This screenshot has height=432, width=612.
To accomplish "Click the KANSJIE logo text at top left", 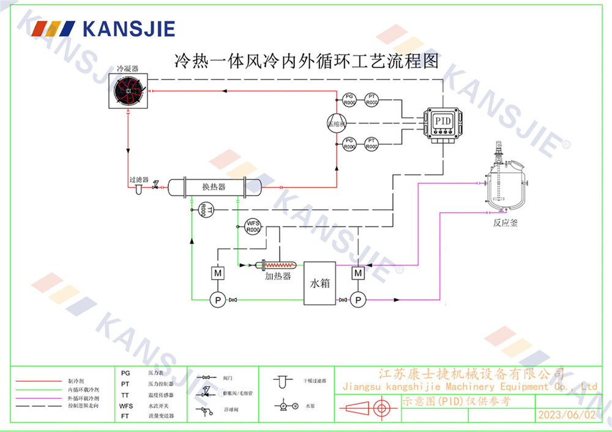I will pos(129,29).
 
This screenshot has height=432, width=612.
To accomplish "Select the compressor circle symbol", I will pos(336,122).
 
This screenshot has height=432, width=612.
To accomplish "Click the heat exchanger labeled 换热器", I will pos(214,187).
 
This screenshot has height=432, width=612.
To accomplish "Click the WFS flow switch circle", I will pos(253,226).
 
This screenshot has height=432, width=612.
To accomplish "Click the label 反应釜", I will pos(506,223).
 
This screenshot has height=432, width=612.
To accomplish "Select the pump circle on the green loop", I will pos(217,300).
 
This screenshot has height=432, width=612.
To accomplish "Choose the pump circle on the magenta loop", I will pos(358,300).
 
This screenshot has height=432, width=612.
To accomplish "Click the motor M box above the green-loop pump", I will pos(217,272).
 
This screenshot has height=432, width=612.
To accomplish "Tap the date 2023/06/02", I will pos(566,415).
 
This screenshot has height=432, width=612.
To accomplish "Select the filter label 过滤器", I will pos(139,181).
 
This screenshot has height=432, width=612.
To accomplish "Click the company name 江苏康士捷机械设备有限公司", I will pos(471,374).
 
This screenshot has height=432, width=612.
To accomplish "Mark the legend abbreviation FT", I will pos(125,415).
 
